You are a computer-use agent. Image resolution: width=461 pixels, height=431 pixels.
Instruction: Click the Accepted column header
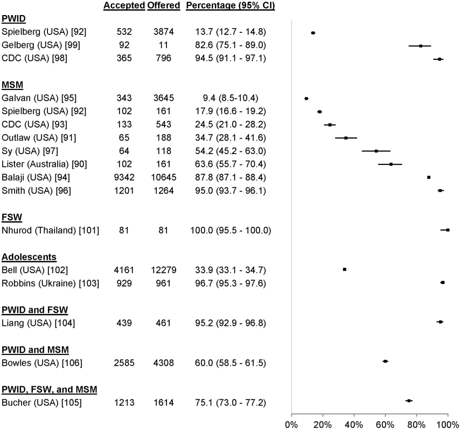[x=124, y=5]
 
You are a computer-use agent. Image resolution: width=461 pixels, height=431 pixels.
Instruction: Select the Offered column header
[x=164, y=5]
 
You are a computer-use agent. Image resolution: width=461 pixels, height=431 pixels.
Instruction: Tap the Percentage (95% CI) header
[x=230, y=5]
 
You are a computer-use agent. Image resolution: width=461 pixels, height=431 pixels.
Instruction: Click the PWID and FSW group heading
[x=34, y=310]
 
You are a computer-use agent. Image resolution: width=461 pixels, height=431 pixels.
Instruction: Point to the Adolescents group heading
[x=29, y=257]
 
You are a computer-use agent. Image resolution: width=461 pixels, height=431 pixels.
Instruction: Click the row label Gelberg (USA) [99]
[x=41, y=45]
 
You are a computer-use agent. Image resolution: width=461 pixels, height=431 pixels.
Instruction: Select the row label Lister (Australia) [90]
[x=44, y=164]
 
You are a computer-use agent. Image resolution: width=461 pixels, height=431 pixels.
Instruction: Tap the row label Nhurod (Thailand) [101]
[x=50, y=231]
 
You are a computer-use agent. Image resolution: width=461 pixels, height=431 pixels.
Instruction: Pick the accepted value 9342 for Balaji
[x=124, y=177]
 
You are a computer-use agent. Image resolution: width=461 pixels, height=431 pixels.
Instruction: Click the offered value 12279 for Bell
[x=164, y=270]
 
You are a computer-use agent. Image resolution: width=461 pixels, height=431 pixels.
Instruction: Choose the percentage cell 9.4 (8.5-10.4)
[x=227, y=98]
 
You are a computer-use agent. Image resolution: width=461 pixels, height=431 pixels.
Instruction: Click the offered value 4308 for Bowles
[x=164, y=363]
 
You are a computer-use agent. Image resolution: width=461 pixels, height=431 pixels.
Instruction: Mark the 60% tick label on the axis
[x=385, y=425]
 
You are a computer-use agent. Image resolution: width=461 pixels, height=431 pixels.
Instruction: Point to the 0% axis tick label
[x=291, y=425]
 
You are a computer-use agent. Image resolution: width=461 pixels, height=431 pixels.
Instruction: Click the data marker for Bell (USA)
[x=345, y=269]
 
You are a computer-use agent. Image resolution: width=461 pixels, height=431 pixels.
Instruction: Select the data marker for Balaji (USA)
[x=429, y=177]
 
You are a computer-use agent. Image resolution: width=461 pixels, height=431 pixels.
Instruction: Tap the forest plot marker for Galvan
[x=306, y=99]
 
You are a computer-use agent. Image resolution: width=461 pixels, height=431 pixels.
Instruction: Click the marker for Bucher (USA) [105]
[x=409, y=401]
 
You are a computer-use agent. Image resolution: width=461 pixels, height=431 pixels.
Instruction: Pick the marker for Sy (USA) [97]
[x=376, y=151]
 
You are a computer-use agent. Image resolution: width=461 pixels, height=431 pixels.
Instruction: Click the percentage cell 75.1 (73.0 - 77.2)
[x=230, y=402]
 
